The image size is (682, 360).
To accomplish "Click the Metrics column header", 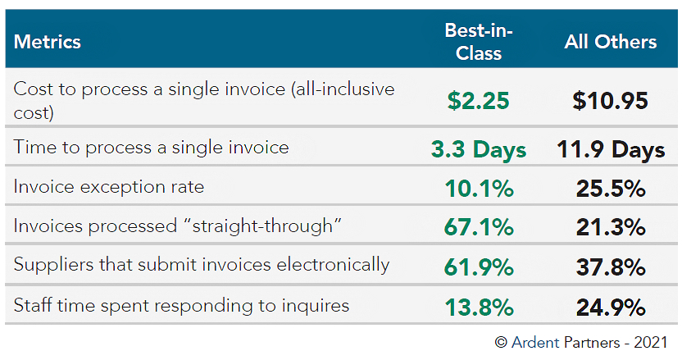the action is [x=48, y=42].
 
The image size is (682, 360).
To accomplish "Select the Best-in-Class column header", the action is [x=479, y=42].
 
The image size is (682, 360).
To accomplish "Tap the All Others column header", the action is [x=611, y=42].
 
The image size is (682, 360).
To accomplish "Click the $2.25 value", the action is [x=479, y=101].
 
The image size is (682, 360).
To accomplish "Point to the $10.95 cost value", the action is [x=610, y=101].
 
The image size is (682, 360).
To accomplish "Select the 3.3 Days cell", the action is [x=479, y=149].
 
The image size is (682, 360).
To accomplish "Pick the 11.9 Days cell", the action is [x=611, y=149].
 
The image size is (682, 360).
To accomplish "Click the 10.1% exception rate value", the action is [x=479, y=189].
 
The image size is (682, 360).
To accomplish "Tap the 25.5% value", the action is [x=611, y=189].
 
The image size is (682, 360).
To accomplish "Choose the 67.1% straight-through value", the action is [x=479, y=227].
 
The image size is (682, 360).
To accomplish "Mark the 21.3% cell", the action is [x=611, y=227].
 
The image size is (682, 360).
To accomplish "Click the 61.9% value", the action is [x=479, y=267].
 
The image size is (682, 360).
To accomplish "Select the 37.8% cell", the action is [x=611, y=267].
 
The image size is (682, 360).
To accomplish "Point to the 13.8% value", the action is [x=479, y=307].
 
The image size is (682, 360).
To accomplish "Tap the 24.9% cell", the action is [x=611, y=307].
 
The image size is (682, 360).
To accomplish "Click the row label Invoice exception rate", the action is [x=109, y=187].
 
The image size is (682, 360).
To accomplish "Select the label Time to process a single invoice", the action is [x=152, y=148].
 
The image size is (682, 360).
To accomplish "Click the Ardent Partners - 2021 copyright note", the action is [x=581, y=342].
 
